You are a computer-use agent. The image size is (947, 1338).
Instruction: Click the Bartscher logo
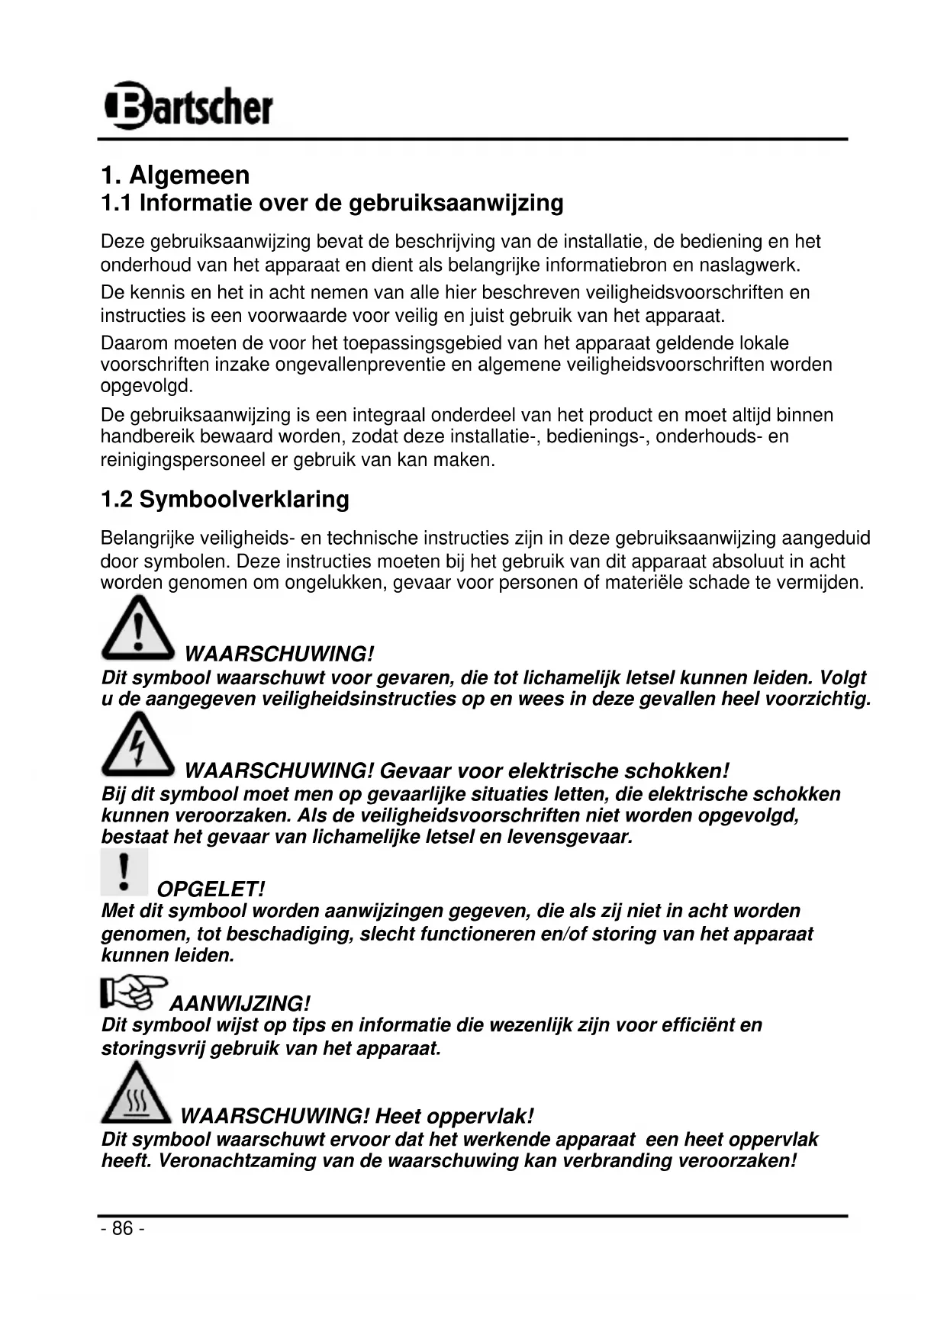point(188,105)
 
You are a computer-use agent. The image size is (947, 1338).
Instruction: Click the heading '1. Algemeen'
point(175,175)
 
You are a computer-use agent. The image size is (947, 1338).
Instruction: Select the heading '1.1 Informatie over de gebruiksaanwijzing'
point(332,203)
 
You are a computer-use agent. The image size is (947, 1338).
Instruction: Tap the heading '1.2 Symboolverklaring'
point(225,500)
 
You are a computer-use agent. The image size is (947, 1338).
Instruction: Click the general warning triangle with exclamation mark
point(138,629)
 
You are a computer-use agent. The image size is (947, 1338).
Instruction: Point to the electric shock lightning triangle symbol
point(138,744)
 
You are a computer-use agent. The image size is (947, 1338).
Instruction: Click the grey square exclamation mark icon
point(124,873)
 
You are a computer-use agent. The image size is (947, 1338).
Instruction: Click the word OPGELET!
point(211,889)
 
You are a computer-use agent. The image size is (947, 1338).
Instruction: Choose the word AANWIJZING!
point(240,1004)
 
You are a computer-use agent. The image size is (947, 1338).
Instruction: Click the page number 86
point(122,1228)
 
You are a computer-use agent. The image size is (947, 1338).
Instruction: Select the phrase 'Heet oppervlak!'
point(455,1117)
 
